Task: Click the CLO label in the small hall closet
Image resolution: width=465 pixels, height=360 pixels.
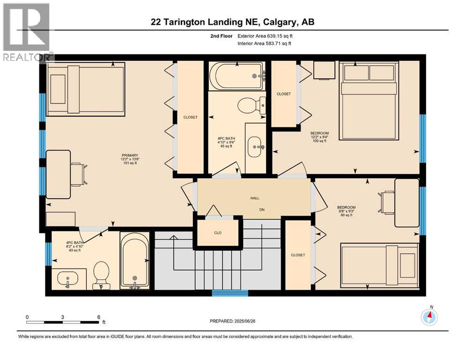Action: pyautogui.click(x=217, y=232)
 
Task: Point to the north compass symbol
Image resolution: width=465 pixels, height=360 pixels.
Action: pyautogui.click(x=429, y=317)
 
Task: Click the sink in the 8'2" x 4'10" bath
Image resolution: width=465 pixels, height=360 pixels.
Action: pyautogui.click(x=69, y=279)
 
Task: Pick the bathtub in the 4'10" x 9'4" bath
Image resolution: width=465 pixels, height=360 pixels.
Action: pyautogui.click(x=236, y=76)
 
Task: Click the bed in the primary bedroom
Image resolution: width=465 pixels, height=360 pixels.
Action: pyautogui.click(x=85, y=89)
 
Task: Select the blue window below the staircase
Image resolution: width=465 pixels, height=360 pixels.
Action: pyautogui.click(x=229, y=293)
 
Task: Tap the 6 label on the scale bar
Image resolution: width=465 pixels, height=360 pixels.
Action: pyautogui.click(x=98, y=317)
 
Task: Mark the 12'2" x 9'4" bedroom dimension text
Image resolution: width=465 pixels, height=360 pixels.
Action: pyautogui.click(x=320, y=138)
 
